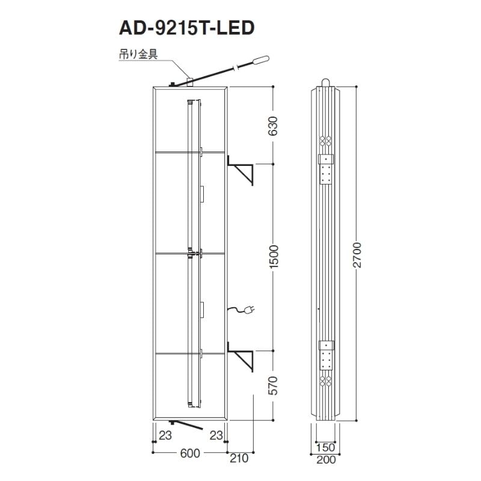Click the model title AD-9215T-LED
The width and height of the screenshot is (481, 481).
click(x=187, y=28)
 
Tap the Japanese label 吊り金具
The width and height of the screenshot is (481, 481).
click(x=138, y=54)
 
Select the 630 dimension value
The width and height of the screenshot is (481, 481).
click(x=273, y=126)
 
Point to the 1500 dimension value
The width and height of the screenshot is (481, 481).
click(x=273, y=257)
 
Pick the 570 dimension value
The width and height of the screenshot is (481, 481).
click(x=273, y=385)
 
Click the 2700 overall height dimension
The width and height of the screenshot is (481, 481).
click(x=357, y=255)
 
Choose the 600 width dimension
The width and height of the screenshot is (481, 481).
click(x=190, y=453)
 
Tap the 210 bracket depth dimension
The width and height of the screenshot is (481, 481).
click(x=239, y=458)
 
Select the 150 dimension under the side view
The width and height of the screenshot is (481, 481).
click(x=325, y=447)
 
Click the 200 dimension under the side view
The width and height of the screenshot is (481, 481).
click(x=326, y=459)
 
